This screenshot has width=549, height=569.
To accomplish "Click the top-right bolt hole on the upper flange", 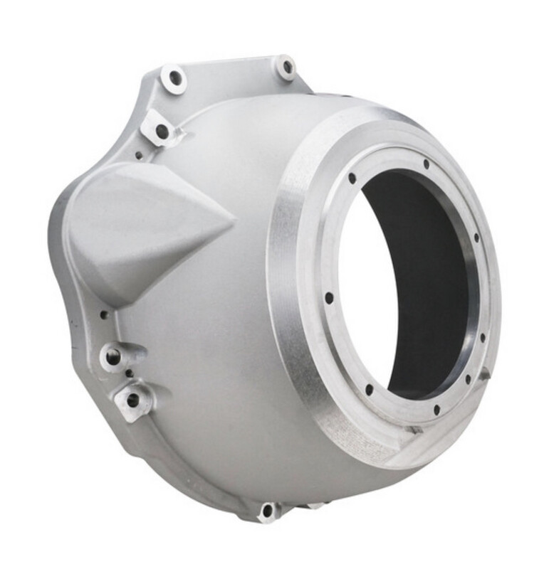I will tap(287, 68).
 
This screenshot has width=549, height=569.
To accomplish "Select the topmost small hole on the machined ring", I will tap(426, 165).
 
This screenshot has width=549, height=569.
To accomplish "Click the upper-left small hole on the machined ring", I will tap(352, 178).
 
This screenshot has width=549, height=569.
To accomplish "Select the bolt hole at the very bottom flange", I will tap(268, 510).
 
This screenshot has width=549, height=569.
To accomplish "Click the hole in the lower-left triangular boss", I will tap(132, 400).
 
